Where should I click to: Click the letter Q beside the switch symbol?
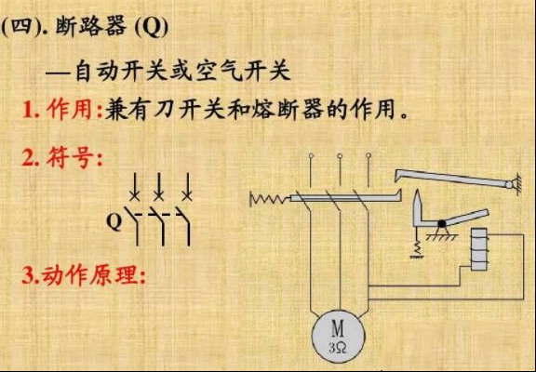114,221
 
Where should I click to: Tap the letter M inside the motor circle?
338,329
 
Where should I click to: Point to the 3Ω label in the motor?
338,348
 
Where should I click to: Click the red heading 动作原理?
90,274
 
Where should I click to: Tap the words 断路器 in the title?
90,26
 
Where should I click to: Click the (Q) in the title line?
152,27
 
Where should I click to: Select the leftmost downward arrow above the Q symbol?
135,186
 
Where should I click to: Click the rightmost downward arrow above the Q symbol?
187,186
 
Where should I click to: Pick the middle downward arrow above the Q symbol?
159,186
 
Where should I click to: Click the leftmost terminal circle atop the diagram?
311,155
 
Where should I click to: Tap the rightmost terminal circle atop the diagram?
368,155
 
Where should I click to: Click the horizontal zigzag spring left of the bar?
271,198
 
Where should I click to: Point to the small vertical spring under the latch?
417,247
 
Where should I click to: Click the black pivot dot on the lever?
442,224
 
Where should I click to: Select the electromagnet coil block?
479,249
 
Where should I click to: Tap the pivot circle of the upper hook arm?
509,185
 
